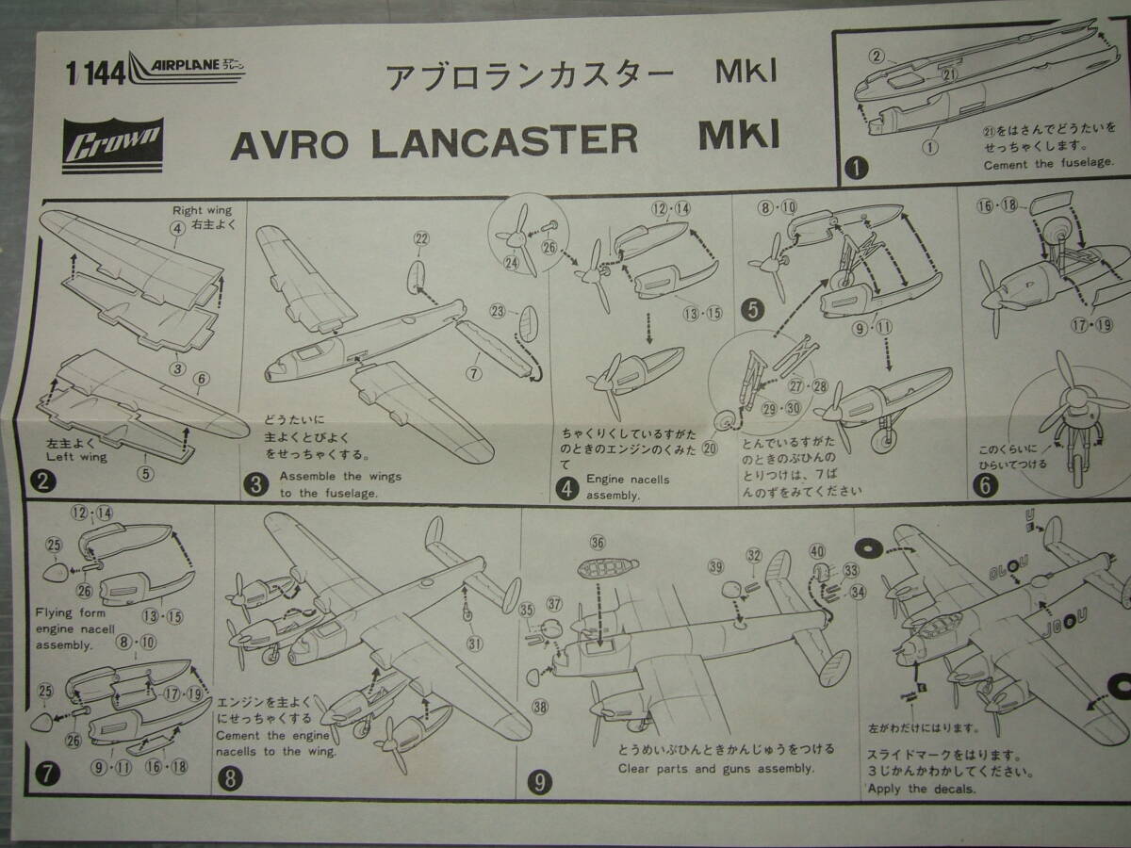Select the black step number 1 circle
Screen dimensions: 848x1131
tap(857, 170)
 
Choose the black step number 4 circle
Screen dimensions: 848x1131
tap(567, 487)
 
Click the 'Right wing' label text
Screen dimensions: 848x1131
tap(201, 210)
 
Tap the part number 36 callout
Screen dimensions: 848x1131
tap(598, 542)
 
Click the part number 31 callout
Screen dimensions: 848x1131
tap(474, 644)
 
